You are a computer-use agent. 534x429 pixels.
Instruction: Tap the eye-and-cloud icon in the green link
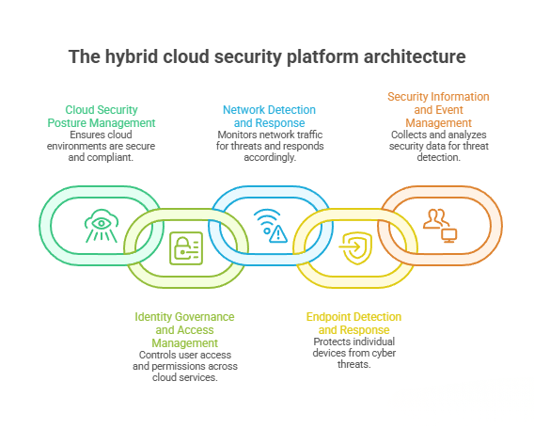pyautogui.click(x=101, y=226)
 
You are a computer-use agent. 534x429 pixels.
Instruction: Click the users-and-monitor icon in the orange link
pyautogui.click(x=439, y=226)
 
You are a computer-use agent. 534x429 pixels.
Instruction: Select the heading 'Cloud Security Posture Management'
pyautogui.click(x=102, y=116)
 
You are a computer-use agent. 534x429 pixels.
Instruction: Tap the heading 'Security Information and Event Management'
pyautogui.click(x=438, y=109)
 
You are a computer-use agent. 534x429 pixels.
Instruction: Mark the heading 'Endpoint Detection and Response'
pyautogui.click(x=353, y=324)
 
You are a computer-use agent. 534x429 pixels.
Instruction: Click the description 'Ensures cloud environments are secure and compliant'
pyautogui.click(x=102, y=147)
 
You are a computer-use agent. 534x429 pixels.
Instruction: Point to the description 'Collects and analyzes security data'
pyautogui.click(x=438, y=147)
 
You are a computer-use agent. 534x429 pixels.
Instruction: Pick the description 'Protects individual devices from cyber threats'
pyautogui.click(x=353, y=352)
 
